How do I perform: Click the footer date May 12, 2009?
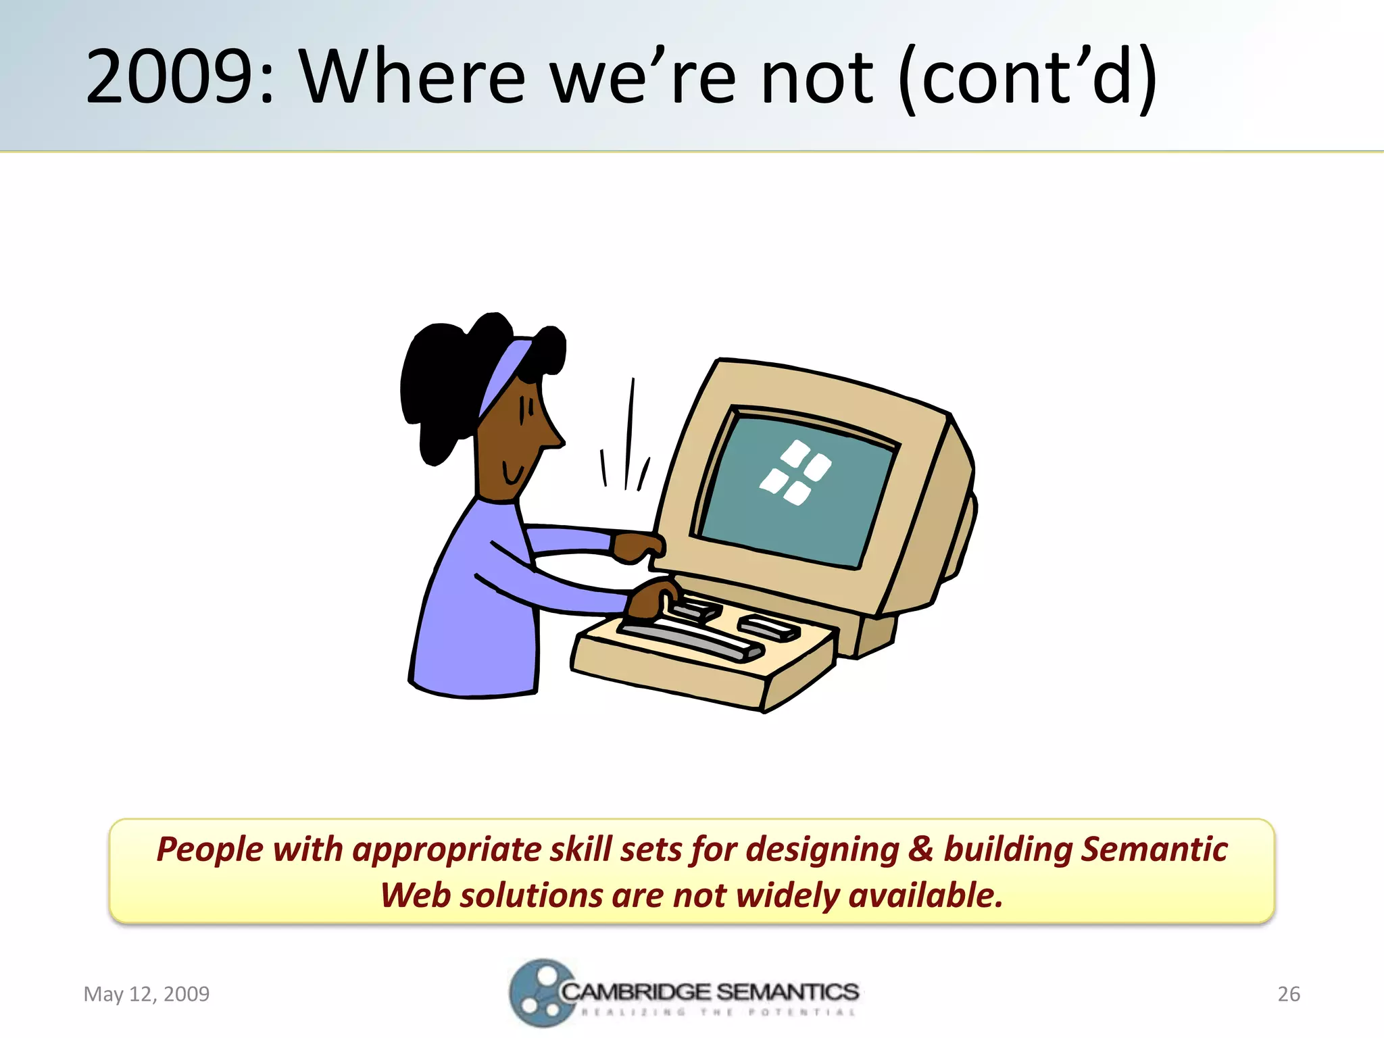pyautogui.click(x=146, y=993)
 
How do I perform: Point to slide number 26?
pyautogui.click(x=1289, y=993)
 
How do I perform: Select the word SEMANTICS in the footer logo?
pyautogui.click(x=787, y=991)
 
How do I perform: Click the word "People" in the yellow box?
pyautogui.click(x=209, y=850)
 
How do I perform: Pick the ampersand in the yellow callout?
pyautogui.click(x=920, y=849)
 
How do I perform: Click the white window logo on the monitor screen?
pyautogui.click(x=795, y=472)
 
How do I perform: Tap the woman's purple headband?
pyautogui.click(x=503, y=376)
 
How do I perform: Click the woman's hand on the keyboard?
pyautogui.click(x=651, y=599)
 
